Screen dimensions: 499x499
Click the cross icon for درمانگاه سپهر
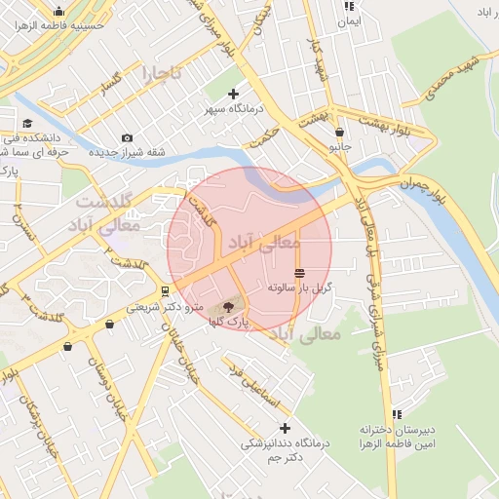point(233,94)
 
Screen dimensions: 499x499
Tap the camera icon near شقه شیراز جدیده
point(128,137)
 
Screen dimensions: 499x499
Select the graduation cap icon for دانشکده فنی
point(27,124)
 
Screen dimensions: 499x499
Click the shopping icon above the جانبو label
point(339,132)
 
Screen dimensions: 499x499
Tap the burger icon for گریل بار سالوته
point(298,273)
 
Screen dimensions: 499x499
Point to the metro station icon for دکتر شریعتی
point(166,289)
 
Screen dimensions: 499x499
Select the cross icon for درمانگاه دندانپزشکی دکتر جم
point(285,428)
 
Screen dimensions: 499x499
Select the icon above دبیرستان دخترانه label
point(396,414)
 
